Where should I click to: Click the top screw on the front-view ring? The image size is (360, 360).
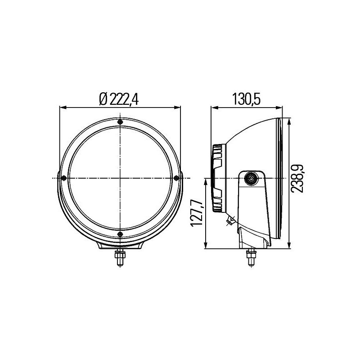[120, 122]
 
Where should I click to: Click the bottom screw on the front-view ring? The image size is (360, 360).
[120, 234]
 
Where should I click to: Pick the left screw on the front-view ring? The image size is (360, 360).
[64, 178]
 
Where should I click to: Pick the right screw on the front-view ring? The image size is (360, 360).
[176, 178]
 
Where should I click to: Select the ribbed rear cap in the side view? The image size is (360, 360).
[218, 178]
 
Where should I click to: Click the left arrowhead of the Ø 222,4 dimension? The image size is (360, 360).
[63, 108]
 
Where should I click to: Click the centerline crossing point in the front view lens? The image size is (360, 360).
[120, 178]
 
